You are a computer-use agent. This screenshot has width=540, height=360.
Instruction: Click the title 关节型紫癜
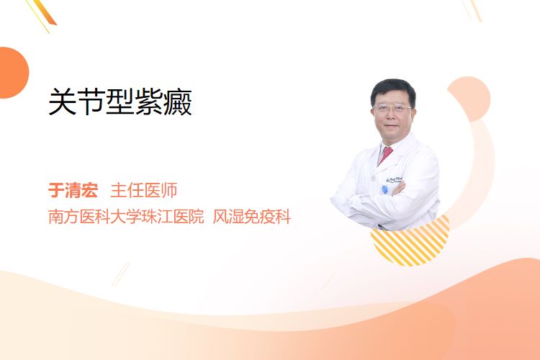[120, 102]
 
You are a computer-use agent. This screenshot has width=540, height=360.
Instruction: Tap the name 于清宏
[73, 190]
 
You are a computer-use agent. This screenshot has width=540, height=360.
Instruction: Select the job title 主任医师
[143, 190]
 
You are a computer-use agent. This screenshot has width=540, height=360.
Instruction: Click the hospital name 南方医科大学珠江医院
[126, 216]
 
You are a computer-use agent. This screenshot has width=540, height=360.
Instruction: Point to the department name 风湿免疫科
[252, 216]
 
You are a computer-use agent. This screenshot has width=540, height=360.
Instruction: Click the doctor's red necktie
[385, 155]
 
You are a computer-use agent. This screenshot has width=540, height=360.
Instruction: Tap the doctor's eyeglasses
[392, 109]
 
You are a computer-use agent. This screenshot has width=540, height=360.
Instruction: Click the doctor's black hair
[392, 90]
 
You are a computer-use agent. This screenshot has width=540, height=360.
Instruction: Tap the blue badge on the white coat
[385, 189]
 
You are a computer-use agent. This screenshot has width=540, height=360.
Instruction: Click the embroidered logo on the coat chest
[395, 179]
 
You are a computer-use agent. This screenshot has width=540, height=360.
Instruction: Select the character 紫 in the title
[149, 102]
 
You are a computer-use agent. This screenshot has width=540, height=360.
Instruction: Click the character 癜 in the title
[178, 102]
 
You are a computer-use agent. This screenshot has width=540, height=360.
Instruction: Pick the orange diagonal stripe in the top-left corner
[45, 12]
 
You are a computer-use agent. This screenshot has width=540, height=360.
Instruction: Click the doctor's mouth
[392, 126]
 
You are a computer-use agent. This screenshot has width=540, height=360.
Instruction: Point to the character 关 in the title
[63, 102]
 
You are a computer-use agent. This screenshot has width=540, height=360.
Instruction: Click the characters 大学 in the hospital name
[119, 216]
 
